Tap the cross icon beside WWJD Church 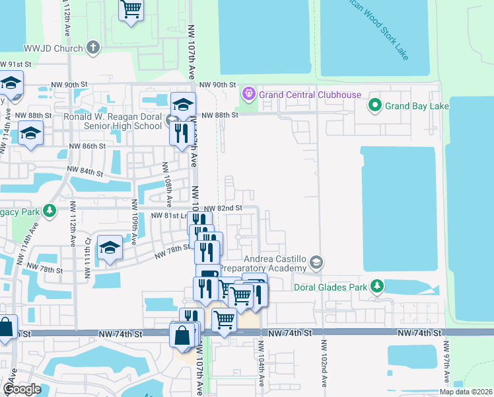[x=92, y=48]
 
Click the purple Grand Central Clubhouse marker [x=249, y=94]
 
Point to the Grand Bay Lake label [x=417, y=106]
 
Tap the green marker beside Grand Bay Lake [x=375, y=105]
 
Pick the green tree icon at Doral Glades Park [x=377, y=287]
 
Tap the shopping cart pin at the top [x=131, y=9]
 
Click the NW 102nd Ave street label [x=324, y=364]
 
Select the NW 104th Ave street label [x=262, y=364]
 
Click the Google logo [x=22, y=389]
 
